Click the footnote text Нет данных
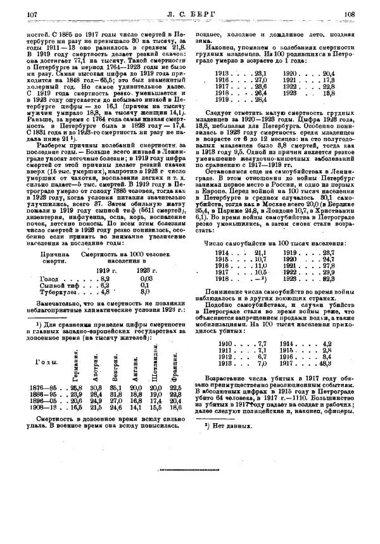232,425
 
